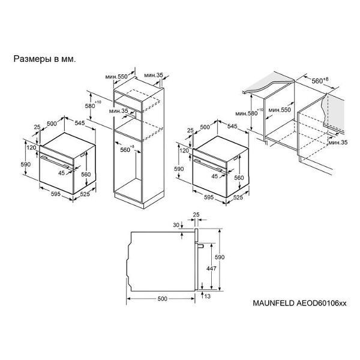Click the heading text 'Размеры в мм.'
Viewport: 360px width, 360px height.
(44, 59)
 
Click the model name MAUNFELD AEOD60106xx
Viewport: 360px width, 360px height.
(299, 303)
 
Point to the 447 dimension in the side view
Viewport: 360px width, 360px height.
(211, 268)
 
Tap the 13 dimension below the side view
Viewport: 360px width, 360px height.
(208, 296)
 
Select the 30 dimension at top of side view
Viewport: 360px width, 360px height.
(176, 225)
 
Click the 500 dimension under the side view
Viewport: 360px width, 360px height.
(163, 299)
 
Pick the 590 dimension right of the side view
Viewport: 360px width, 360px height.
(220, 257)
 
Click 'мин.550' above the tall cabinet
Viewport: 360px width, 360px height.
(116, 76)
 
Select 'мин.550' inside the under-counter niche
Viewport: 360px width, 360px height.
(280, 110)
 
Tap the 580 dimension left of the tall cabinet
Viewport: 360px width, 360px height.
(90, 106)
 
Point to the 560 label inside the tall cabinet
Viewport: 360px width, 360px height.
(125, 150)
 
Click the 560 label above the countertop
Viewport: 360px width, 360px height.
(317, 81)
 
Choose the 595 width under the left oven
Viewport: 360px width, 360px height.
(56, 194)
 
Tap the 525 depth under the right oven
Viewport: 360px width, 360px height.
(238, 197)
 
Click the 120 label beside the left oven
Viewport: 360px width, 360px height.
(31, 148)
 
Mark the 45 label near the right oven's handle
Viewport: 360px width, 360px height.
(214, 176)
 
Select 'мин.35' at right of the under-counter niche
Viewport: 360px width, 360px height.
(338, 142)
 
